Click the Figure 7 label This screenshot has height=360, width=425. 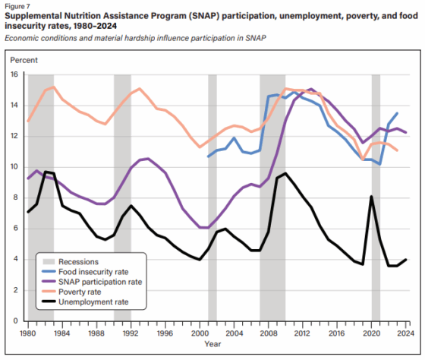pyautogui.click(x=17, y=6)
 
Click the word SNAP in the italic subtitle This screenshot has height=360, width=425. pyautogui.click(x=256, y=38)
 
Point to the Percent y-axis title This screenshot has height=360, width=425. pyautogui.click(x=24, y=60)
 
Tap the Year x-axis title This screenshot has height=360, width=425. pyautogui.click(x=212, y=344)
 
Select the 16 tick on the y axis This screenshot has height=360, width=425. pyautogui.click(x=14, y=74)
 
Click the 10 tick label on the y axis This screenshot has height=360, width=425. pyautogui.click(x=14, y=167)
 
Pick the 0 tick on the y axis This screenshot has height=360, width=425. pyautogui.click(x=16, y=321)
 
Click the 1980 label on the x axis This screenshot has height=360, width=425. pyautogui.click(x=27, y=333)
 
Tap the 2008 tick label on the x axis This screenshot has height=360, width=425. pyautogui.click(x=269, y=333)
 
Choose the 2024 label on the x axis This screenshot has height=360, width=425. pyautogui.click(x=406, y=333)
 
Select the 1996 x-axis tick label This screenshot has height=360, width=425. pyautogui.click(x=165, y=333)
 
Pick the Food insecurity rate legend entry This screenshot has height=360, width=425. pyautogui.click(x=85, y=272)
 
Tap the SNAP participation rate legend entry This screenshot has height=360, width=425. pyautogui.click(x=92, y=282)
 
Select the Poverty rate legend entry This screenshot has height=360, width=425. pyautogui.click(x=71, y=292)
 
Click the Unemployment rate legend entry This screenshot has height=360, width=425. pyautogui.click(x=85, y=302)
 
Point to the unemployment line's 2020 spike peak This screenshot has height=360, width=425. pyautogui.click(x=371, y=196)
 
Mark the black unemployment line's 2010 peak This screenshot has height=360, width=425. pyautogui.click(x=285, y=173)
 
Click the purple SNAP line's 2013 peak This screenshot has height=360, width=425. pyautogui.click(x=311, y=89)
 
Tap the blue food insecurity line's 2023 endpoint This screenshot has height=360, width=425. pyautogui.click(x=397, y=113)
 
